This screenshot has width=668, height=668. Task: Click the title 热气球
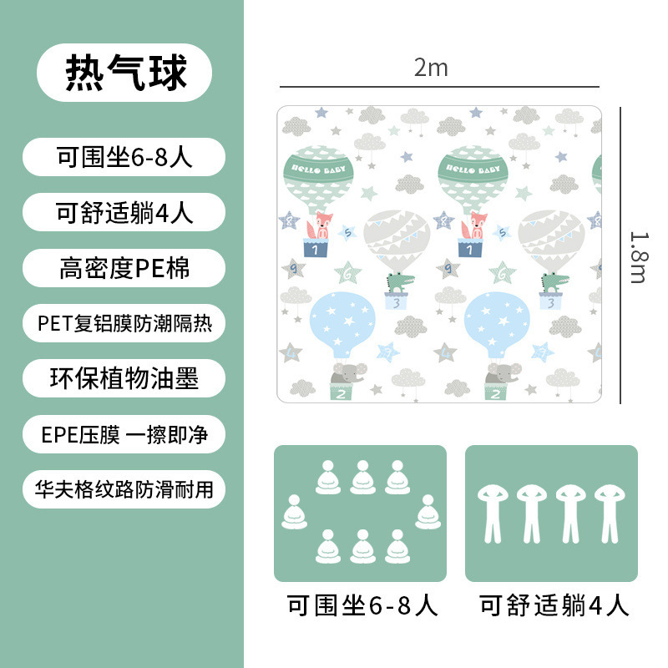coord(125,73)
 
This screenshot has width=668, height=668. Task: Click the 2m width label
coord(431,68)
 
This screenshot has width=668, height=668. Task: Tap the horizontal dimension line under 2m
coord(438,86)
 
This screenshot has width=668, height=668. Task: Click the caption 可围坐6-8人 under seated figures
coord(362,605)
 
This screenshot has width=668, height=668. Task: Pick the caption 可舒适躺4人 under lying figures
coord(554,605)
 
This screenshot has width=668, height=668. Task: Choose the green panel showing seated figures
coord(360,514)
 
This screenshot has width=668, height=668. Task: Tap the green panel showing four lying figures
coord(551,514)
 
